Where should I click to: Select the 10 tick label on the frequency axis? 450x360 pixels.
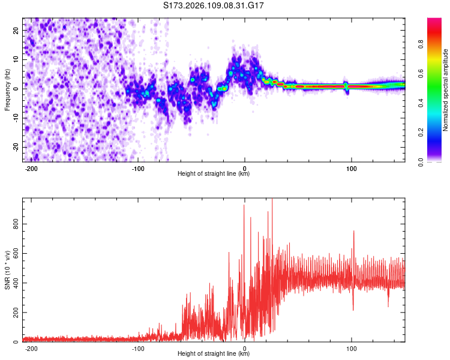click(17, 59)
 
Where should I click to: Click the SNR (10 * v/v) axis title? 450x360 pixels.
click(7, 270)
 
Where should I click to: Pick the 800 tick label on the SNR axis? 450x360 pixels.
click(14, 224)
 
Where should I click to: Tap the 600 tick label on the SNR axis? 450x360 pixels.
click(14, 253)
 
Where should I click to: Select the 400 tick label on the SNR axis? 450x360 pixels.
click(14, 283)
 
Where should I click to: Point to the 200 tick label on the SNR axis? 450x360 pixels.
click(14, 313)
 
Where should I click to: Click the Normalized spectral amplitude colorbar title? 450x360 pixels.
click(446, 90)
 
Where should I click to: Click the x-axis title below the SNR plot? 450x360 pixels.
click(214, 355)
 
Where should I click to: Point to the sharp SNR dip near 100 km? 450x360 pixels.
click(353, 310)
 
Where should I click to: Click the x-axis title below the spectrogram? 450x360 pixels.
click(214, 174)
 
